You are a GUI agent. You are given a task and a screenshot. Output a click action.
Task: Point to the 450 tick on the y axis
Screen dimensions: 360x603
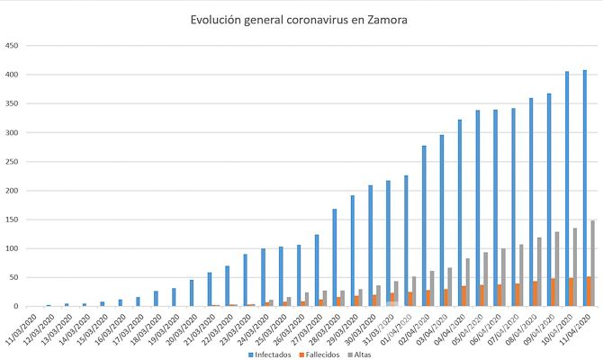[x=12, y=46]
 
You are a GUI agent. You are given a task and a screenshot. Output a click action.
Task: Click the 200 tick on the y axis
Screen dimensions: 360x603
[x=12, y=191]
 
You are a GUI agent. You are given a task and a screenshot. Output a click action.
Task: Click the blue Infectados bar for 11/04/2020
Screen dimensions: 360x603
[x=584, y=188]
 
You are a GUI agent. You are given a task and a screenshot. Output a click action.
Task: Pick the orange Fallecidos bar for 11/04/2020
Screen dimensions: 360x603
[x=588, y=292]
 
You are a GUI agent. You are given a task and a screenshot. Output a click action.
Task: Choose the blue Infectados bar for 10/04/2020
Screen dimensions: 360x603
[x=566, y=189]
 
